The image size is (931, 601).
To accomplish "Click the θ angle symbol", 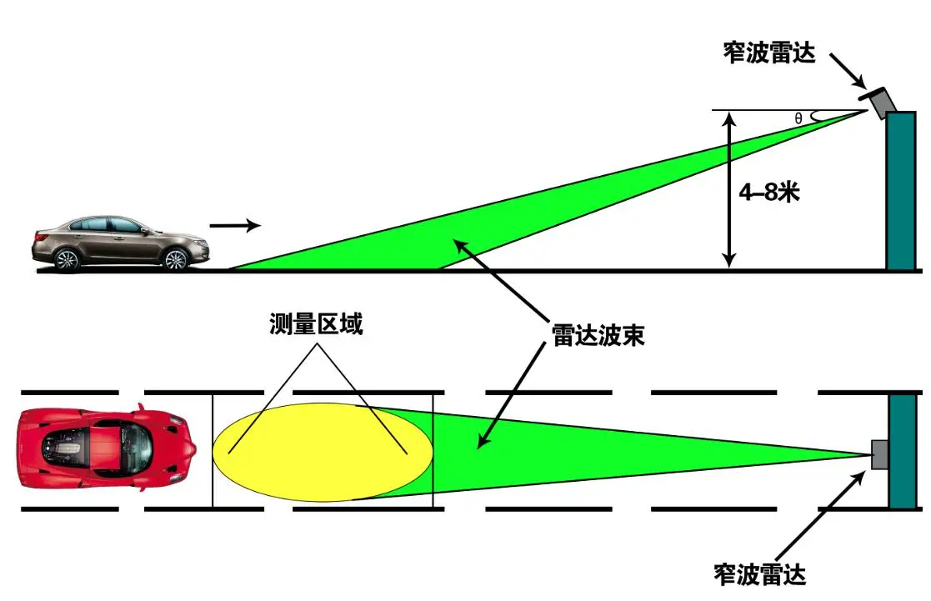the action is (798, 119).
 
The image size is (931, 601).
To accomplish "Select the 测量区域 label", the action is (316, 324).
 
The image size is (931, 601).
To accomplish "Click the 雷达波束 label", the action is (598, 335).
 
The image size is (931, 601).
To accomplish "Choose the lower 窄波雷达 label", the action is (759, 573).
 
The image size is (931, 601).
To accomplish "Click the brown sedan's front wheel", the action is (175, 260).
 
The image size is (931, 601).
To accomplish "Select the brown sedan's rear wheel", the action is (66, 260).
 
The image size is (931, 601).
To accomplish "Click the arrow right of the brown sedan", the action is (235, 225).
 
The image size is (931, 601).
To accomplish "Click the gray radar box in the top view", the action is (879, 454).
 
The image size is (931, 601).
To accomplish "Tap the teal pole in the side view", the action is (901, 191).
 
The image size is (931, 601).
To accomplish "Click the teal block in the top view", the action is (903, 450).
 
